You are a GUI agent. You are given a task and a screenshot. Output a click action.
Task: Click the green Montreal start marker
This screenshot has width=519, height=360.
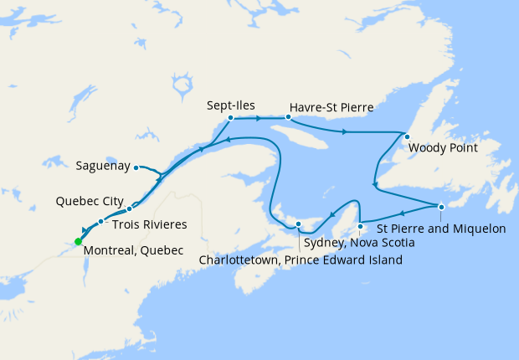point(78,241)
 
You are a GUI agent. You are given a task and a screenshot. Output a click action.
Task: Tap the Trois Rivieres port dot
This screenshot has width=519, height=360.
point(100,222)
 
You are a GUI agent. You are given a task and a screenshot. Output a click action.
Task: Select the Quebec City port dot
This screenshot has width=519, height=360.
point(130,208)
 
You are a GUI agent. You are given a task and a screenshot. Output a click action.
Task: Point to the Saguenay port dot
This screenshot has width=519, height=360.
point(136,167)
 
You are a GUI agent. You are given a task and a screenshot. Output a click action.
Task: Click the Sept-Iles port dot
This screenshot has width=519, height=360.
point(230,118)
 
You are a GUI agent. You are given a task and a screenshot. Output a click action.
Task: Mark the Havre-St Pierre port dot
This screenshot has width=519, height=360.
point(287,117)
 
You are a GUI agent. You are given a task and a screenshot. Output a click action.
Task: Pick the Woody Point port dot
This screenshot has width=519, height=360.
point(407,136)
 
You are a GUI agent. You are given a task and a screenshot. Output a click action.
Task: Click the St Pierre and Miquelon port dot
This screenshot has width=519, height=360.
point(441,207)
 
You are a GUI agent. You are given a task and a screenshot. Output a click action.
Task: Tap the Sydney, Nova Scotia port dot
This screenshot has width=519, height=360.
point(360,226)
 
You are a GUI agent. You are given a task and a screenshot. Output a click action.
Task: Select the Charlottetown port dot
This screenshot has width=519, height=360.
point(299,224)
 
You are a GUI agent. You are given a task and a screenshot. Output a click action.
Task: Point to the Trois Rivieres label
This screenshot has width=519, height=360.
point(148,224)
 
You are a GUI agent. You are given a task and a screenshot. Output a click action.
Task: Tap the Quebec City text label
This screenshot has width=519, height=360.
point(90,202)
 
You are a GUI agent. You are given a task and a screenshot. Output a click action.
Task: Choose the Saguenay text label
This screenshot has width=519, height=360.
point(103,166)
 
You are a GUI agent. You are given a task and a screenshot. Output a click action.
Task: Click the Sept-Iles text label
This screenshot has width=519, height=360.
point(231,106)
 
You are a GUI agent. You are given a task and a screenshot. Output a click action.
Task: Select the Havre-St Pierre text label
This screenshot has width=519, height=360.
point(331,108)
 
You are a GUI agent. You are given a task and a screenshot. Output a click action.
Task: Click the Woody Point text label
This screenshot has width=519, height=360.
point(443,149)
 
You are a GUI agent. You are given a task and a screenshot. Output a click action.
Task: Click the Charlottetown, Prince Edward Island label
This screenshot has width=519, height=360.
point(301,260)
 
